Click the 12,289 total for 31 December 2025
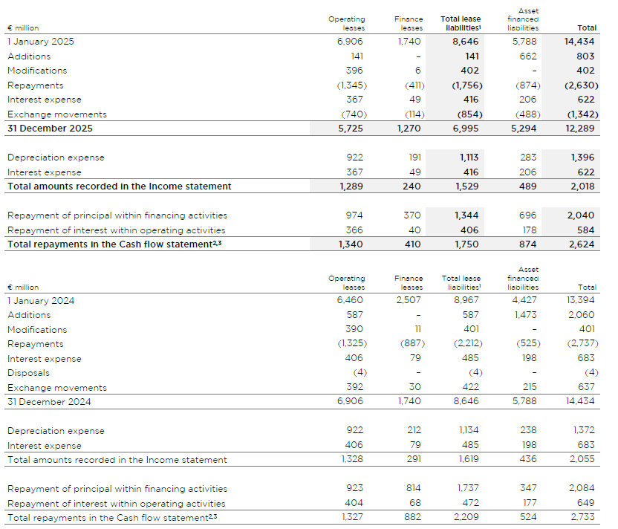(581, 129)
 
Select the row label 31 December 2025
(50, 129)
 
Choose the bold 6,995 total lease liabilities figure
(465, 129)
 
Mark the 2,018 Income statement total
(582, 186)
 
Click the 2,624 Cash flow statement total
(582, 244)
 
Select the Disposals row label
(29, 373)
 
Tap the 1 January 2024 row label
(41, 301)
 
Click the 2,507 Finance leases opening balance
(409, 301)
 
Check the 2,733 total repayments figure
(582, 517)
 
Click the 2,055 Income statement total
(582, 460)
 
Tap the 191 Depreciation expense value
(414, 158)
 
